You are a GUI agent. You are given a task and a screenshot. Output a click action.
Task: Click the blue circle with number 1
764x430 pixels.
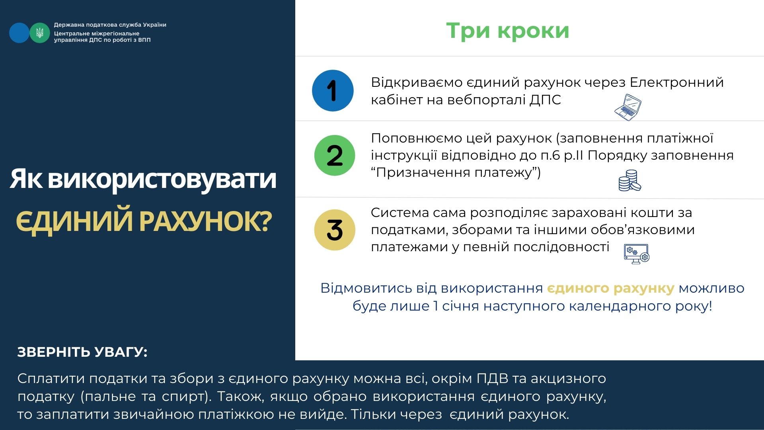[x=333, y=90]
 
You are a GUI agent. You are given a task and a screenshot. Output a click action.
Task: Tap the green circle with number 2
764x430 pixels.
[x=335, y=155]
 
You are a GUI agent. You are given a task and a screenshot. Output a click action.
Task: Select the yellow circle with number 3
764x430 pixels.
[x=335, y=230]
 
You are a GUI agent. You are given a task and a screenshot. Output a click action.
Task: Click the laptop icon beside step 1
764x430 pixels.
[x=628, y=107]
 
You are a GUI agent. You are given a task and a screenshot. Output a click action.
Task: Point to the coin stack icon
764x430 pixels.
[x=630, y=180]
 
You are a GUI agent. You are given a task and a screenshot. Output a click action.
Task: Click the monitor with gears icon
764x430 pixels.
[x=637, y=254]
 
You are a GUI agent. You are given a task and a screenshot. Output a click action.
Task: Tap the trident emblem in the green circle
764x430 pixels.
[x=40, y=33]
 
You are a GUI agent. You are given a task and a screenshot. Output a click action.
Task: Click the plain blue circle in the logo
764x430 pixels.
[x=19, y=33]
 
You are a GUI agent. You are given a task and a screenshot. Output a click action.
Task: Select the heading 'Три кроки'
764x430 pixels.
[x=508, y=31]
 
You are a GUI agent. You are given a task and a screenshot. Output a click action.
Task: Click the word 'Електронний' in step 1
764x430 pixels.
[x=677, y=82]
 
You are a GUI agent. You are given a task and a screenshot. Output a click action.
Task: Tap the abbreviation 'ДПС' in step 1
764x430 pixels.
[x=545, y=100]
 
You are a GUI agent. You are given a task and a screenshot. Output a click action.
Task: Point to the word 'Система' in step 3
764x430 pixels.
[x=400, y=213]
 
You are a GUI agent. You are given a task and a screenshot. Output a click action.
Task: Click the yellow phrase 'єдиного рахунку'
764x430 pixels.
[x=611, y=288]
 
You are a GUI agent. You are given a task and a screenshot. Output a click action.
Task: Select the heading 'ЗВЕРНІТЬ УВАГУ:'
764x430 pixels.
[x=82, y=352]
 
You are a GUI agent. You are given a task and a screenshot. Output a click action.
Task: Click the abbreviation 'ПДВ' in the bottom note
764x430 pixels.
[x=493, y=378]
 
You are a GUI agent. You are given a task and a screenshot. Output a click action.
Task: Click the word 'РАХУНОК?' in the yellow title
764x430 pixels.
[x=206, y=221]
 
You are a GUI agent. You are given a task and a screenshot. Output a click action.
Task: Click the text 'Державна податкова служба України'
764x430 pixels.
[x=110, y=25]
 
